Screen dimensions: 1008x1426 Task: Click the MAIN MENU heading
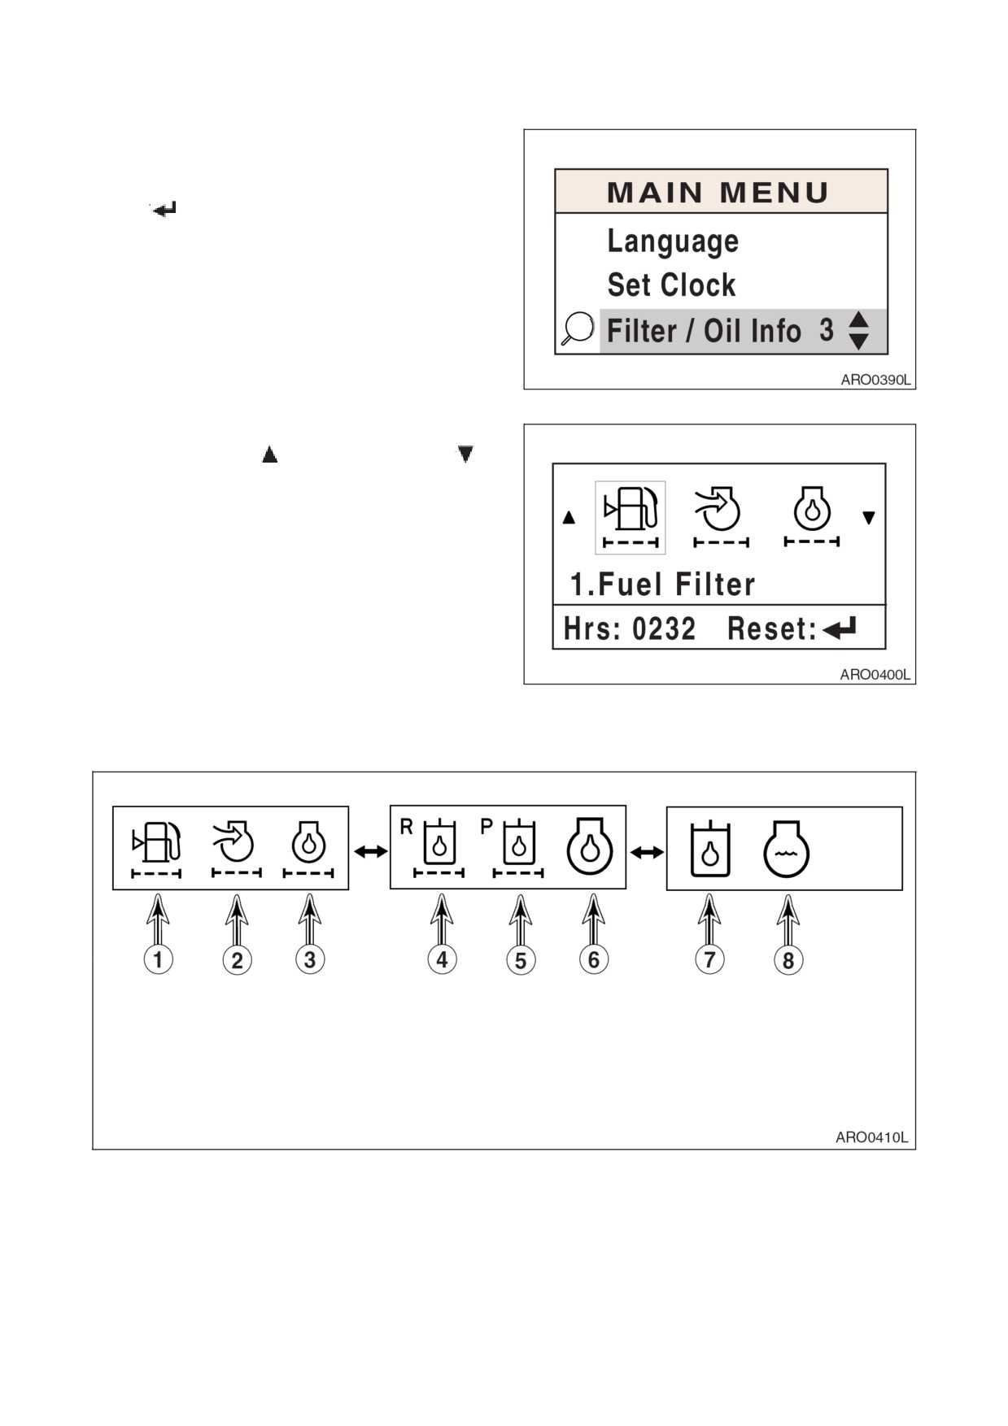(718, 193)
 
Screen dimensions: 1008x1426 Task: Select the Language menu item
(673, 241)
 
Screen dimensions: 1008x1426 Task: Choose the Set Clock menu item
(671, 285)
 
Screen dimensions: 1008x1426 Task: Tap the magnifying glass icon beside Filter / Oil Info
(578, 329)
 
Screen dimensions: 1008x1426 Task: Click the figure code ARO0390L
(875, 380)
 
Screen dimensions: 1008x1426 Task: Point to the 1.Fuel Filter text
(662, 585)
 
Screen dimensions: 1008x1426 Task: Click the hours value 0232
(664, 629)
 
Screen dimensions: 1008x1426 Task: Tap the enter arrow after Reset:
(840, 628)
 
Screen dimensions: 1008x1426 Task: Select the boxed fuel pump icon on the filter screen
(631, 517)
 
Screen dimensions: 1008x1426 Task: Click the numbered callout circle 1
(158, 959)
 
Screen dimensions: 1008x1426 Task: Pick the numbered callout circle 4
(442, 959)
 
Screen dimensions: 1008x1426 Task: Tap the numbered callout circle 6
(594, 959)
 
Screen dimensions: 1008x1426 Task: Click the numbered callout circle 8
(788, 960)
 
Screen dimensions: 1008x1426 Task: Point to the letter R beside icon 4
(407, 827)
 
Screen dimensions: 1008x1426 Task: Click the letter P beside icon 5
(487, 827)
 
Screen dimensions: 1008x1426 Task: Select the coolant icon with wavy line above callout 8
(786, 849)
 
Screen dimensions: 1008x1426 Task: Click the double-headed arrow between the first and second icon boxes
(371, 851)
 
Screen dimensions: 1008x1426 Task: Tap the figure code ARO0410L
(871, 1137)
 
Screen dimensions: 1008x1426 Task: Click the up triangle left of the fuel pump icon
(569, 517)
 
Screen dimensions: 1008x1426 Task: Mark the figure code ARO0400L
(875, 675)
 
